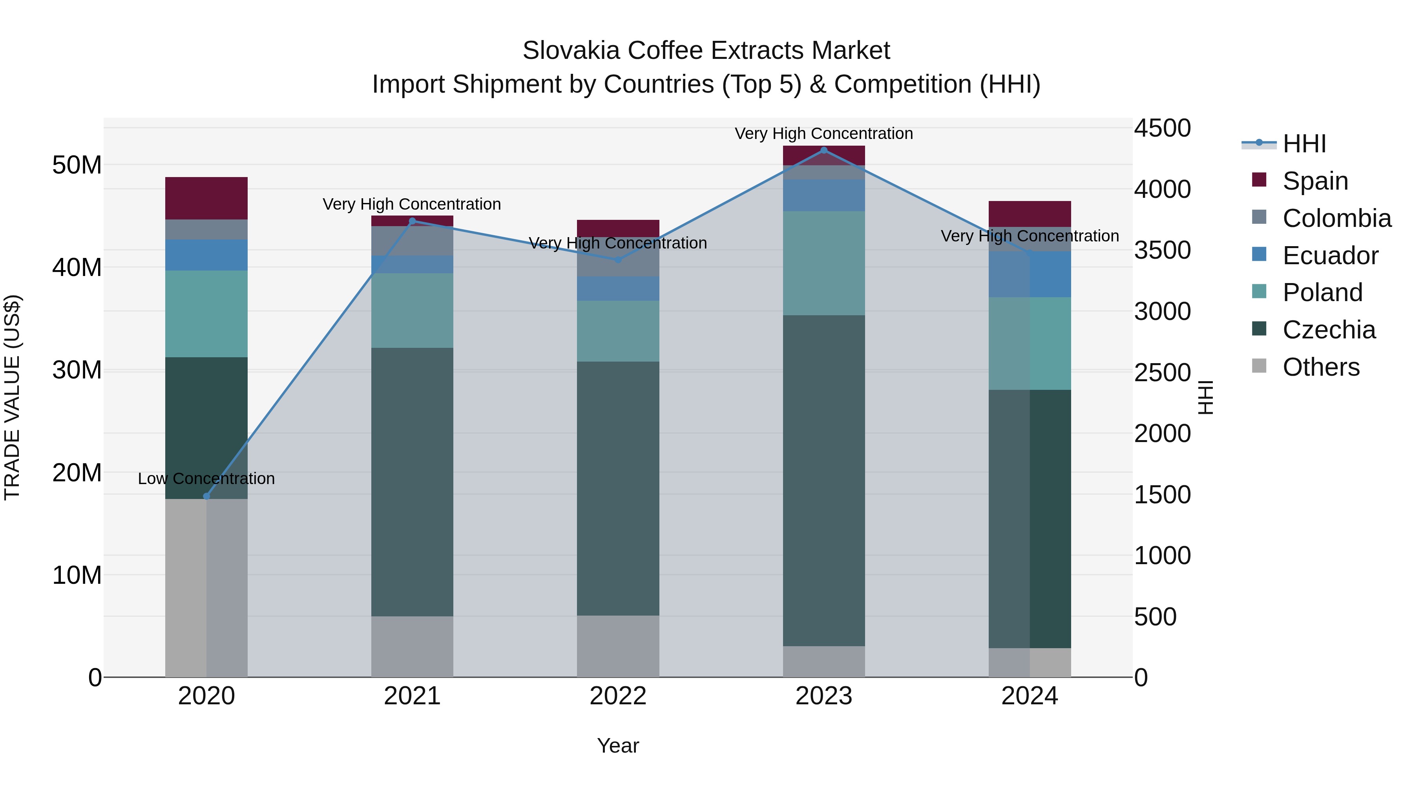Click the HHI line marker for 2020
coord(206,496)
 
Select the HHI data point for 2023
coord(823,150)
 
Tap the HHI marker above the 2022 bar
coord(618,260)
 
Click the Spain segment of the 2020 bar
coord(206,198)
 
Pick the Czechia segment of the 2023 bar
coord(823,480)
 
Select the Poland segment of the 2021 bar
coord(412,310)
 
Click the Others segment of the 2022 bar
coord(618,646)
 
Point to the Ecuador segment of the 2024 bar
coord(1029,274)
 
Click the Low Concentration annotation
coord(206,479)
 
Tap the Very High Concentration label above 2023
coord(823,133)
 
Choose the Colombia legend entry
coord(1336,218)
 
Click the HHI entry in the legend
coord(1304,144)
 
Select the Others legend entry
coord(1320,367)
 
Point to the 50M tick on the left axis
coord(77,164)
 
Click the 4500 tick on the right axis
coord(1162,128)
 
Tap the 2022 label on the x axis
coord(618,696)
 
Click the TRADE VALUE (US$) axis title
coord(12,397)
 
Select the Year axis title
coord(618,746)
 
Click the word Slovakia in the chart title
coord(570,51)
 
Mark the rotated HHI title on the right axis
coord(1206,397)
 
